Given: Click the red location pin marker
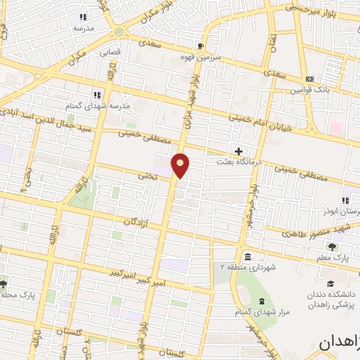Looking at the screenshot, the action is [x=181, y=165].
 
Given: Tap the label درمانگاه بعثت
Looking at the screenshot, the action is [x=238, y=162].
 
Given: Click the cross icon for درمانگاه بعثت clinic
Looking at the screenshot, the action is [x=238, y=150].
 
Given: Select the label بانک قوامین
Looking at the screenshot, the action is [x=312, y=90].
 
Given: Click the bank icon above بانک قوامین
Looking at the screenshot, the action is [x=309, y=78].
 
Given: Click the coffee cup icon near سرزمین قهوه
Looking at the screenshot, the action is [x=202, y=46].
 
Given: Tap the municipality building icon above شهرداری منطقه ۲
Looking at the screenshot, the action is [x=247, y=256].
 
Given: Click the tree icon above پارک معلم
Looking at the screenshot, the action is [x=331, y=246].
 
